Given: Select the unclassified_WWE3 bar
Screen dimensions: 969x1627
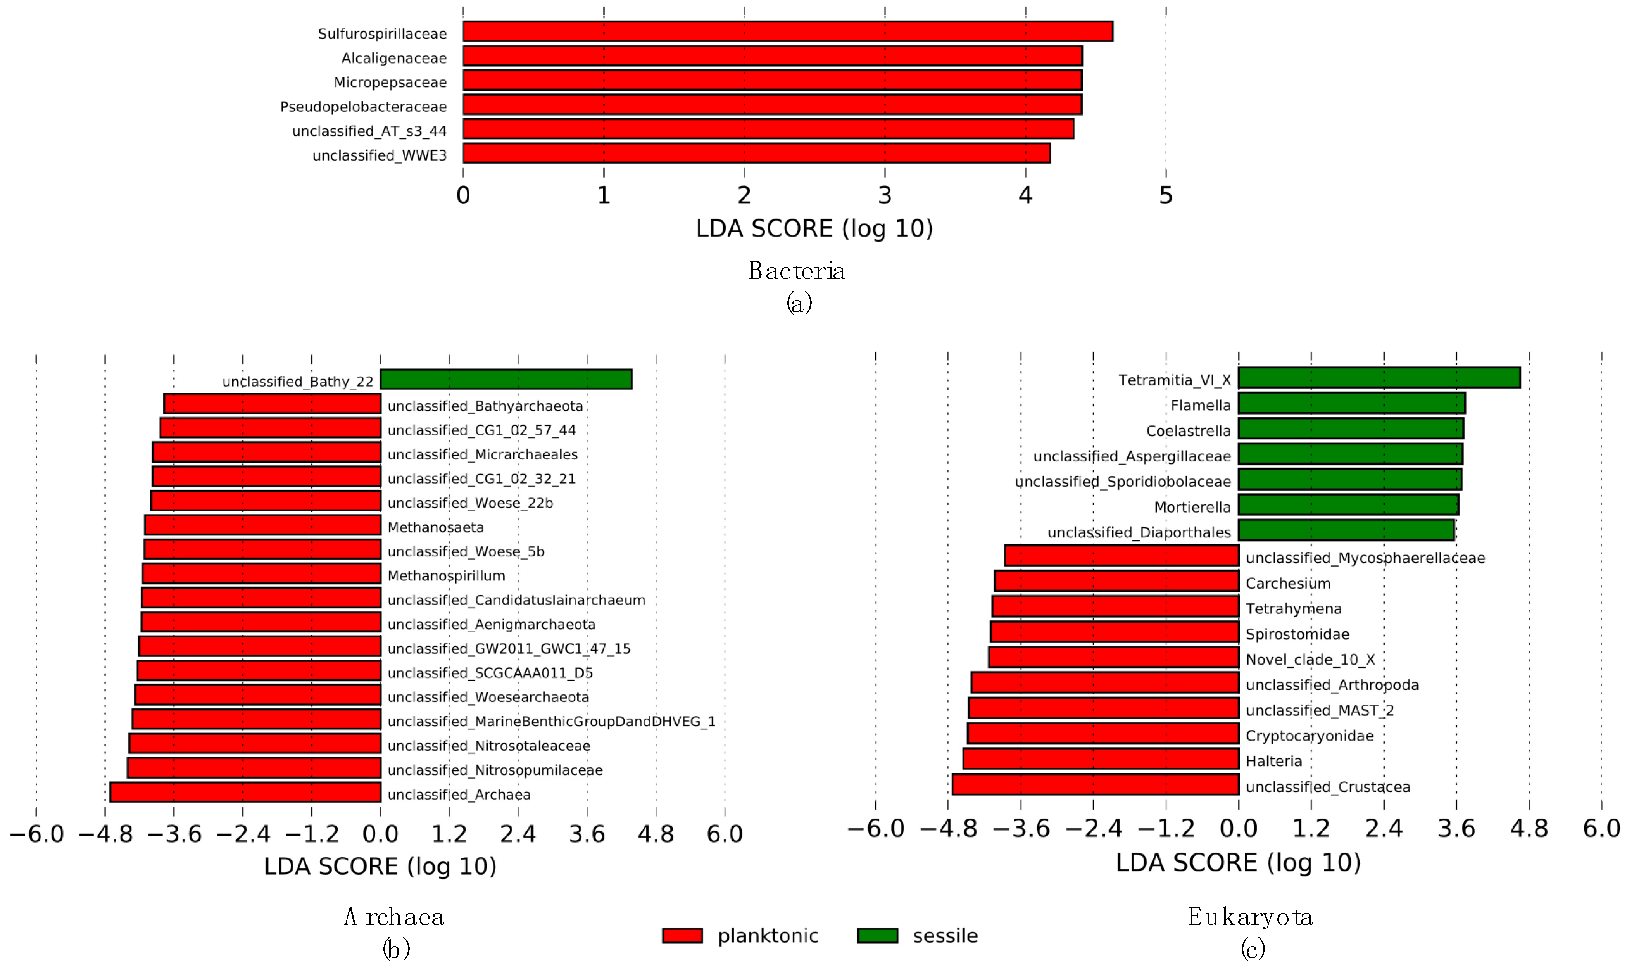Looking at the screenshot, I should coord(756,154).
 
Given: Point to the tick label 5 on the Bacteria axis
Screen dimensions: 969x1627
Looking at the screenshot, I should coord(1166,195).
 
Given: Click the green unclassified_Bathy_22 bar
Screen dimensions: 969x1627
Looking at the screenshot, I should coord(506,379).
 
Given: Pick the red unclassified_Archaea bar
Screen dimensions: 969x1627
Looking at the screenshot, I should coord(245,792).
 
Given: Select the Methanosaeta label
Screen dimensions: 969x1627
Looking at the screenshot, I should coord(435,527).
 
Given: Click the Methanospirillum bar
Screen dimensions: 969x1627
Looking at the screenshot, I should coord(261,573).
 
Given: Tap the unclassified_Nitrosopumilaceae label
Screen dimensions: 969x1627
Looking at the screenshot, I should coord(495,770).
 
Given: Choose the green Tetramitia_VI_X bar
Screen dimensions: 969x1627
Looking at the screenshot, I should coord(1379,377).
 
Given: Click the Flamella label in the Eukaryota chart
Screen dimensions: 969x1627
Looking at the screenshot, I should coord(1200,406).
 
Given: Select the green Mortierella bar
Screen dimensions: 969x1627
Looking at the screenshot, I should coord(1348,505).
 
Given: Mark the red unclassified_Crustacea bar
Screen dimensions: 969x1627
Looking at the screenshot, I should coord(1095,784).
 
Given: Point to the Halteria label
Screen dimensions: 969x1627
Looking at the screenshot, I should coord(1273,761).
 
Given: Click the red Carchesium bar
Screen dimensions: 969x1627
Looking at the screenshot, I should coord(1116,580).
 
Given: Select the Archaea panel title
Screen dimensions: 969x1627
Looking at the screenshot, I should coord(394,917).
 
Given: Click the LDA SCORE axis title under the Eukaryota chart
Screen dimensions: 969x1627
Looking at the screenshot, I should coord(1238,863).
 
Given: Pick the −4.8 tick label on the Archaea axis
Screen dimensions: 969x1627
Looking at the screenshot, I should coord(105,834).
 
